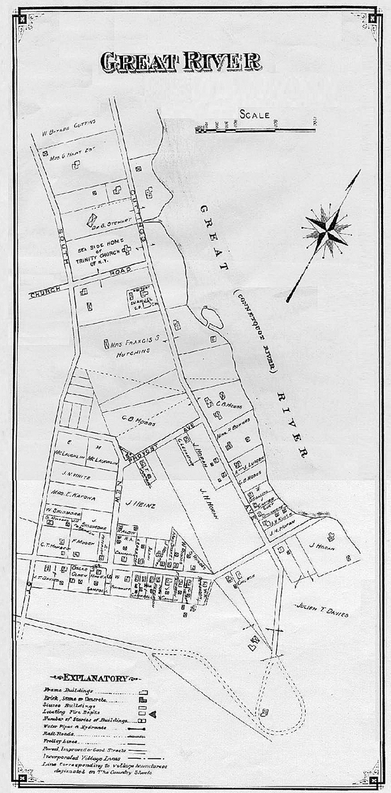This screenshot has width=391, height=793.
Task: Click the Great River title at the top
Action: pos(180,61)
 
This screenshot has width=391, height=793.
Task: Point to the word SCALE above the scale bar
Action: pos(255,114)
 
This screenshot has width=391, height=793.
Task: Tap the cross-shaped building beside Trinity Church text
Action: pos(126,248)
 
